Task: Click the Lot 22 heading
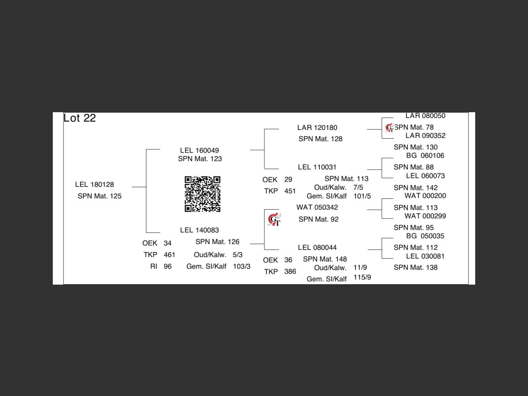click(80, 118)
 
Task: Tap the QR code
click(202, 194)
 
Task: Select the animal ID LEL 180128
click(94, 184)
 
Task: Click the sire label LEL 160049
click(199, 151)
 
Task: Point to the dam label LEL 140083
click(199, 230)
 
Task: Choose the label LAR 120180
click(317, 128)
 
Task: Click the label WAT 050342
click(317, 207)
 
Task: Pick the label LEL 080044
click(317, 247)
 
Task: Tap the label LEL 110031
click(317, 167)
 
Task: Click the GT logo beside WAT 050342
click(274, 219)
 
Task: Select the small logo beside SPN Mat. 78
click(389, 128)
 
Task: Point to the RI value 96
click(167, 266)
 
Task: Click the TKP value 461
click(170, 255)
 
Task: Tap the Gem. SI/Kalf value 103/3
click(242, 266)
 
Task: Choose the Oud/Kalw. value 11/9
click(360, 268)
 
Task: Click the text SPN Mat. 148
click(325, 259)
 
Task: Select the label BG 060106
click(425, 156)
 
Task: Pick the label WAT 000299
click(425, 216)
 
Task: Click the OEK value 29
click(288, 180)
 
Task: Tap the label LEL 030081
click(425, 256)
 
